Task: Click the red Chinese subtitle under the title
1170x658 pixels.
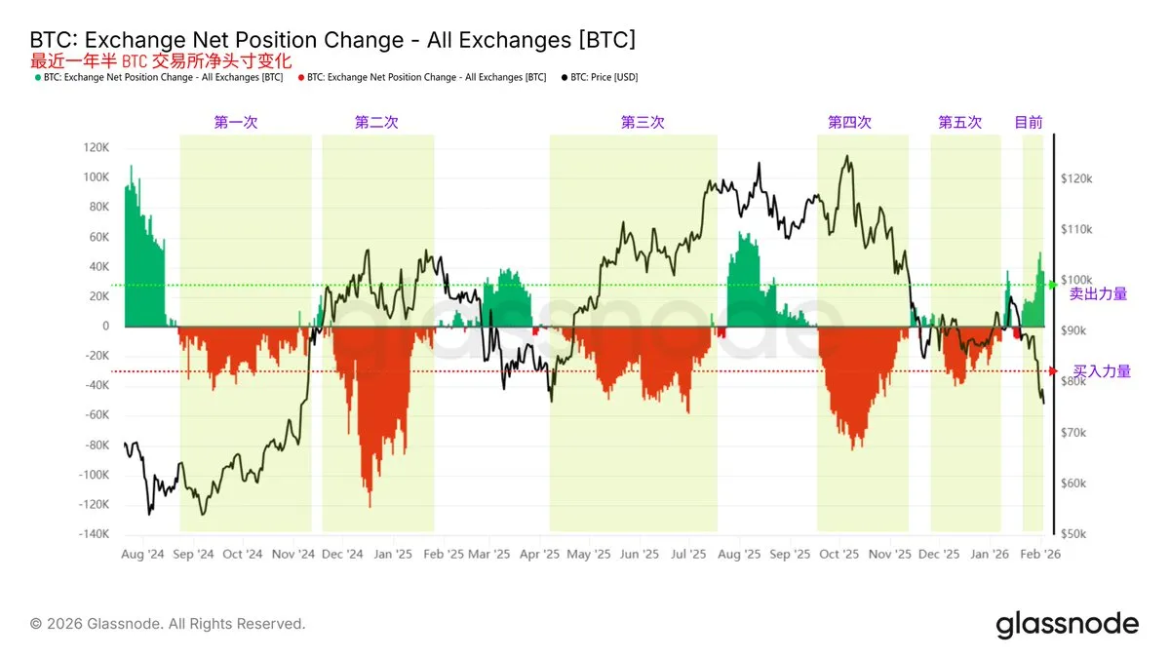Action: (x=161, y=60)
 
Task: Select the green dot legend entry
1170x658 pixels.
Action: (x=159, y=76)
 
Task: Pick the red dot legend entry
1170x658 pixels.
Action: (x=421, y=76)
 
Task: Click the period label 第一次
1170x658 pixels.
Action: (x=236, y=123)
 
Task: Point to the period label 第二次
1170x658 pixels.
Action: (x=376, y=123)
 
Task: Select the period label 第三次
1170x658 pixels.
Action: (x=643, y=123)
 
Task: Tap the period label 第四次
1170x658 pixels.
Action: (x=849, y=123)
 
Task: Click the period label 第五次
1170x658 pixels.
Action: (x=960, y=123)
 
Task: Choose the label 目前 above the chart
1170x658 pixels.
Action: (x=1029, y=123)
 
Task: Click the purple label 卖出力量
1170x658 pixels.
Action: (x=1098, y=293)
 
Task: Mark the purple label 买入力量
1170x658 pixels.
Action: (x=1102, y=371)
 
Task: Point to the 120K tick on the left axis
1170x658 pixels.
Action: (x=96, y=148)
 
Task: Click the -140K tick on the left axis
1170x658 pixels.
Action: (x=93, y=534)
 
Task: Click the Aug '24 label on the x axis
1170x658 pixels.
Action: (x=143, y=554)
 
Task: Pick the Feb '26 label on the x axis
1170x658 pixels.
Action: (x=1040, y=554)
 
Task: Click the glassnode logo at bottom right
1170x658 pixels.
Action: (x=1067, y=624)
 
